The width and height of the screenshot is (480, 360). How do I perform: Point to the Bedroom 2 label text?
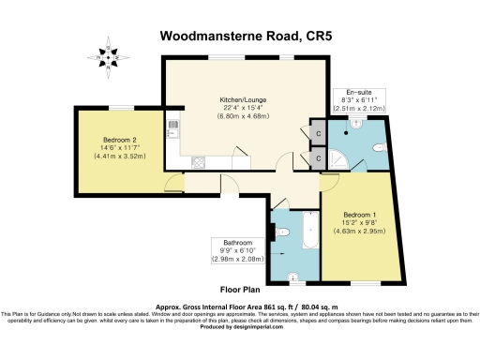point(120,141)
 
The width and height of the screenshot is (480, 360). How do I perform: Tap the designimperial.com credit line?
point(239,325)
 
